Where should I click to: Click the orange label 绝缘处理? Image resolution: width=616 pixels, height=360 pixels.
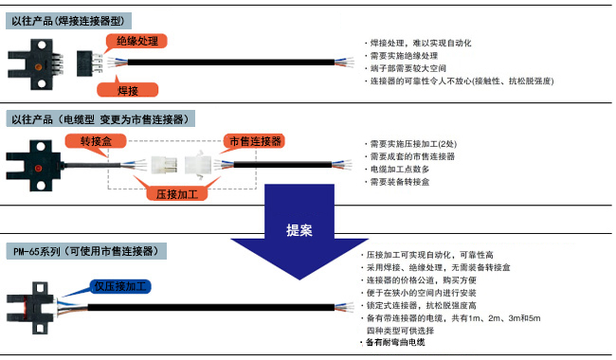tap(136, 42)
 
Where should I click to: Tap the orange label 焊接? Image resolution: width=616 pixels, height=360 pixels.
tap(127, 89)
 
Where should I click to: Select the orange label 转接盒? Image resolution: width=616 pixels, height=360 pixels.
tap(96, 140)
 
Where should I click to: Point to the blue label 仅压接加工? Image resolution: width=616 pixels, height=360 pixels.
tap(122, 286)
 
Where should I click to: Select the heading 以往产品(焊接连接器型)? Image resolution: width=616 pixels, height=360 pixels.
tap(70, 19)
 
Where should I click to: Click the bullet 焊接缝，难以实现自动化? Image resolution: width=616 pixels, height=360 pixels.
tap(418, 44)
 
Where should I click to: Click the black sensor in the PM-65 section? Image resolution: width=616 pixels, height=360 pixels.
tap(31, 300)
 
